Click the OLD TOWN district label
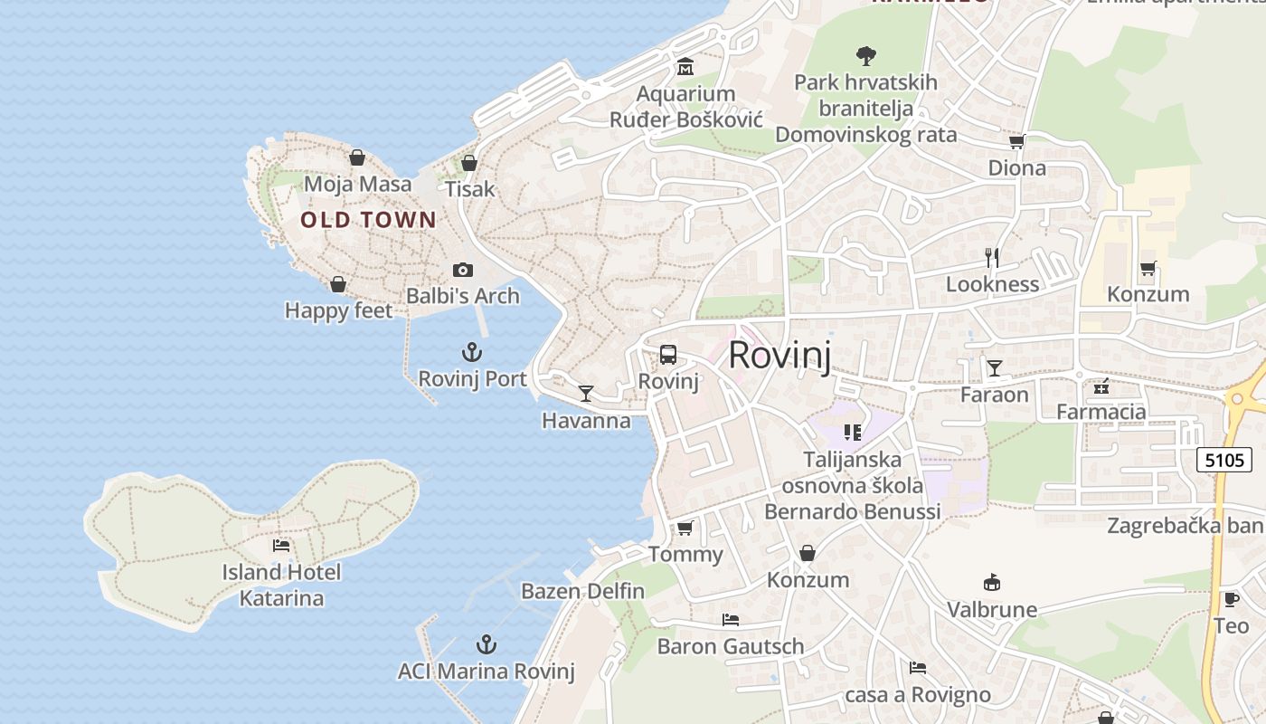(368, 220)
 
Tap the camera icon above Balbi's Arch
(463, 270)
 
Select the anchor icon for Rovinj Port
(472, 352)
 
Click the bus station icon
(668, 355)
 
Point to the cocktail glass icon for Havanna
(586, 394)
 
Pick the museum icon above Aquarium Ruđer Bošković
(685, 67)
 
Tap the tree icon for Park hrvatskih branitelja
(865, 56)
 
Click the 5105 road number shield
(1224, 460)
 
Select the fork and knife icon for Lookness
(992, 258)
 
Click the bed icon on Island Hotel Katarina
(281, 545)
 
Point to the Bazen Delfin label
(582, 592)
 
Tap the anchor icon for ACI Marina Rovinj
(487, 644)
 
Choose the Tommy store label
(685, 555)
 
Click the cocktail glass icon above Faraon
(995, 367)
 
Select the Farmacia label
(1101, 413)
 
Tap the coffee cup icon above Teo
(1231, 599)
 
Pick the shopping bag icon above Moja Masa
(357, 157)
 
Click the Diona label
(1016, 168)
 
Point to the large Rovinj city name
(779, 355)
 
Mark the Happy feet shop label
(338, 311)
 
